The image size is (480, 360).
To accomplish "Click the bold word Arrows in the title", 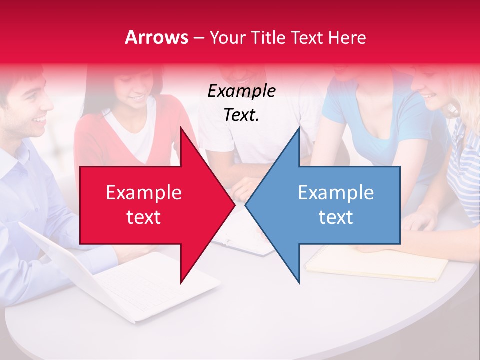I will pyautogui.click(x=156, y=37).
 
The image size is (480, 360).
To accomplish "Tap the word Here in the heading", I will pyautogui.click(x=347, y=38).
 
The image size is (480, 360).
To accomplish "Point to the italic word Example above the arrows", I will pyautogui.click(x=241, y=91).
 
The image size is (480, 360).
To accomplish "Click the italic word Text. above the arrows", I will pyautogui.click(x=241, y=115).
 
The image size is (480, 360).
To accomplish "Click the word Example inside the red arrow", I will pyautogui.click(x=143, y=193).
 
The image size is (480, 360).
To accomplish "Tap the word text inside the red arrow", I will pyautogui.click(x=143, y=217).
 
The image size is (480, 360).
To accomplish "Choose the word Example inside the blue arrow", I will pyautogui.click(x=336, y=193).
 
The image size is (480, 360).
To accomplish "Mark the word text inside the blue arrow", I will pyautogui.click(x=336, y=217).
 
